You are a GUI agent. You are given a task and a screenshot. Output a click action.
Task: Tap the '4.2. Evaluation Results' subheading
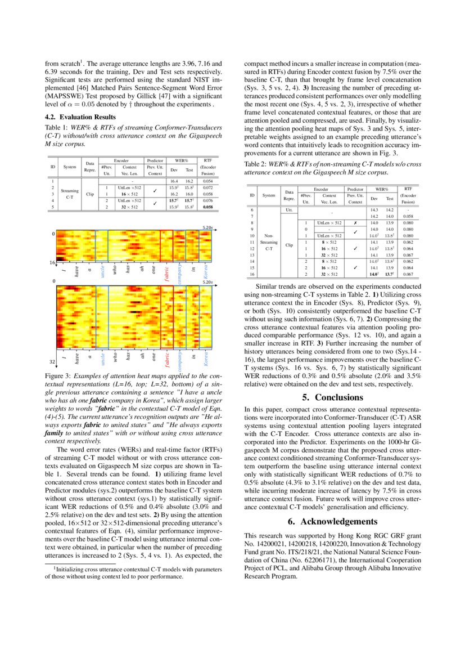click(80, 117)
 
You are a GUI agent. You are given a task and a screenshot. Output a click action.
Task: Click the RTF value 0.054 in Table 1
click(207, 181)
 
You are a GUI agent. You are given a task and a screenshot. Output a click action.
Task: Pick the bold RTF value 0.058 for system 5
click(207, 207)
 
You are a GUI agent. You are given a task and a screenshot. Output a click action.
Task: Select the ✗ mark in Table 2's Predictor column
click(351, 223)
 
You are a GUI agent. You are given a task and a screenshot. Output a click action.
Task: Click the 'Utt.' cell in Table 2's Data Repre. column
click(289, 209)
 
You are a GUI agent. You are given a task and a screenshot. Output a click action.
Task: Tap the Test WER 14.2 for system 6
click(389, 209)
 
